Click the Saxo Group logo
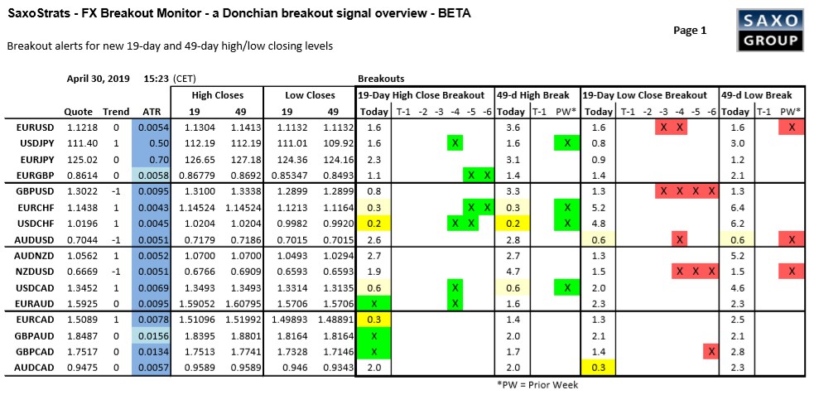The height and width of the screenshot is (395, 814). (x=768, y=31)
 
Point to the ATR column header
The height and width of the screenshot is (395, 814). (x=152, y=112)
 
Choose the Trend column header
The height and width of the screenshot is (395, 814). (x=116, y=112)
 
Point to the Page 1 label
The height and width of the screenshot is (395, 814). (x=690, y=30)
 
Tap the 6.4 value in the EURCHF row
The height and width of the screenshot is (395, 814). (x=734, y=207)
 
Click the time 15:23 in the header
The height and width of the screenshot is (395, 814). (x=156, y=79)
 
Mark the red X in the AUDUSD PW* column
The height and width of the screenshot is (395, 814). (x=792, y=238)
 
